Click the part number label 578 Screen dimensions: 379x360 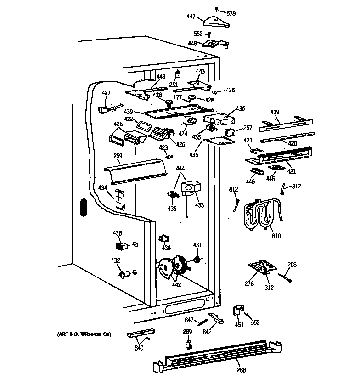231,14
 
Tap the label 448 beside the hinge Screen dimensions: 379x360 193,44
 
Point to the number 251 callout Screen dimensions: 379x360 173,85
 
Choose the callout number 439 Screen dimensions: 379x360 129,112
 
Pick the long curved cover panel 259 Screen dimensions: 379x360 135,170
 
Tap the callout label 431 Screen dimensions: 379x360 197,244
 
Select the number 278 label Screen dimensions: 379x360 249,284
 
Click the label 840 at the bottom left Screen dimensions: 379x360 139,348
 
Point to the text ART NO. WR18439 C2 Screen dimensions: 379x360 84,334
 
